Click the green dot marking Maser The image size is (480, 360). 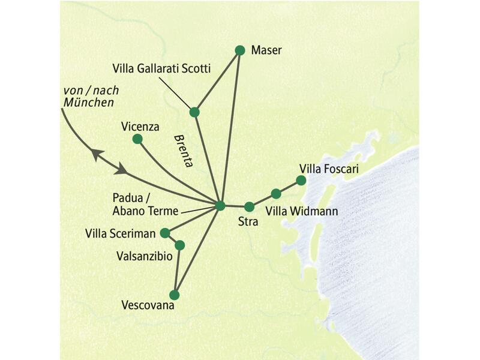(x=240, y=50)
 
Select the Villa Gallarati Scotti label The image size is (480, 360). (x=162, y=69)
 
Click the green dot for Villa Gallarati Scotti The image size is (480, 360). (x=194, y=112)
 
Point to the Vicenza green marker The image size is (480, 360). (x=137, y=139)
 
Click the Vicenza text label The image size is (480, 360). (x=139, y=126)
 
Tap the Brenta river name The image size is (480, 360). (x=182, y=150)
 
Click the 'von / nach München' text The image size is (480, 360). (x=90, y=96)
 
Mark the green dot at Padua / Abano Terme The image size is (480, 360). (x=220, y=206)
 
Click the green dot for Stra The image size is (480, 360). (x=250, y=207)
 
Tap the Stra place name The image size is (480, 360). (x=248, y=222)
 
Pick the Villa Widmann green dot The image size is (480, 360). (x=276, y=193)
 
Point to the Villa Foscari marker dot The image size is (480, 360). (x=301, y=180)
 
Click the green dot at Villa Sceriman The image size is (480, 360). (x=165, y=233)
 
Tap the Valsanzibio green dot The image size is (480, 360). (x=179, y=245)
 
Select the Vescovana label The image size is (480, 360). (x=147, y=305)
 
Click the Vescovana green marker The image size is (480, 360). (x=175, y=295)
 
